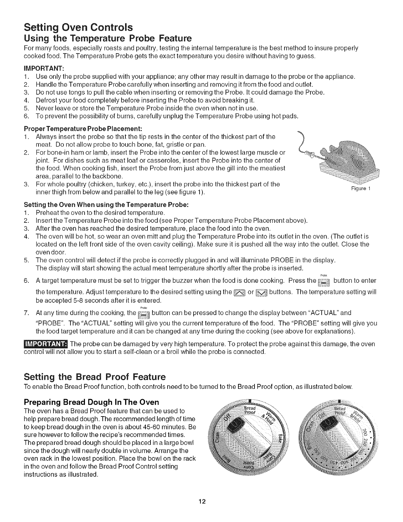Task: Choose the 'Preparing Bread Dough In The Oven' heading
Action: (x=92, y=402)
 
